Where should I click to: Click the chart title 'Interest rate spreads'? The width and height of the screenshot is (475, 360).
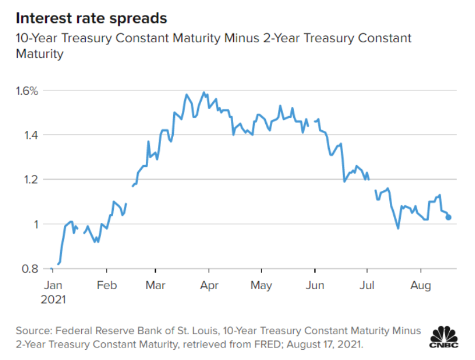click(91, 18)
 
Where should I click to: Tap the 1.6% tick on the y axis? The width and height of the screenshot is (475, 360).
click(26, 91)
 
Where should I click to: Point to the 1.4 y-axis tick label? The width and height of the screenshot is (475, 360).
click(31, 135)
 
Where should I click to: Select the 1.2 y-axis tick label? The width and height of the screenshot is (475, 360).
click(31, 179)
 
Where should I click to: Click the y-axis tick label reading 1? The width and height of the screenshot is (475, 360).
click(35, 224)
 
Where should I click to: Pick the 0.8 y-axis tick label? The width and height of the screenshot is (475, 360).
click(31, 269)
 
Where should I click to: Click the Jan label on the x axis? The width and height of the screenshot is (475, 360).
click(53, 285)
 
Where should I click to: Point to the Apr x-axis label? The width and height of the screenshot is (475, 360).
click(209, 285)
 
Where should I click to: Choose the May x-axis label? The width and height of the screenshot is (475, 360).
click(261, 285)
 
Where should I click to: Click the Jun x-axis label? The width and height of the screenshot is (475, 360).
click(315, 285)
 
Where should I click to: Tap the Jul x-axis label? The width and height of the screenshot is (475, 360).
click(367, 285)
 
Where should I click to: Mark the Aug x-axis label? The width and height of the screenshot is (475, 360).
click(420, 285)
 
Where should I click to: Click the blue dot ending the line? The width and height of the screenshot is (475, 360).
click(449, 217)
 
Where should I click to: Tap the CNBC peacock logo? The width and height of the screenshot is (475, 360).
click(445, 337)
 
